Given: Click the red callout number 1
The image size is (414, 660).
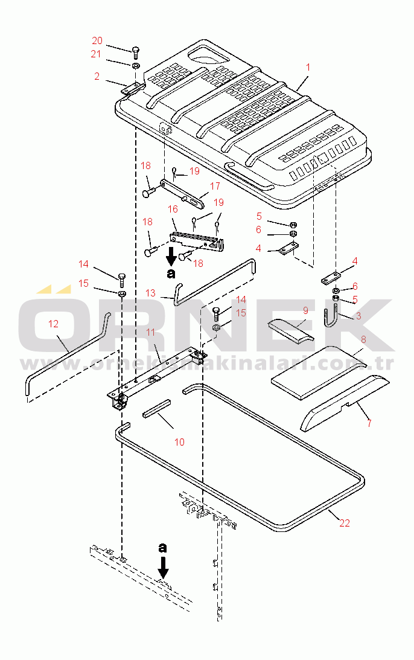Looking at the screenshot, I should pyautogui.click(x=307, y=67).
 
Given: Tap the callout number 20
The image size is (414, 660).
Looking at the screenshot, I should pyautogui.click(x=97, y=41).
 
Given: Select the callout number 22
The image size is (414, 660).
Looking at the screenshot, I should pyautogui.click(x=344, y=523).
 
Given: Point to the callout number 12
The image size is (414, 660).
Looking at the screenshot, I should pyautogui.click(x=53, y=324).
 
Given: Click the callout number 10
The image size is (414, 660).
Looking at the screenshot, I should pyautogui.click(x=179, y=442).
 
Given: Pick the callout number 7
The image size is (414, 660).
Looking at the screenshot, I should pyautogui.click(x=369, y=424).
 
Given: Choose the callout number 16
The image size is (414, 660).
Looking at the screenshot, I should pyautogui.click(x=173, y=209).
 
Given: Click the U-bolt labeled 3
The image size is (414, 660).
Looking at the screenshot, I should pyautogui.click(x=333, y=317).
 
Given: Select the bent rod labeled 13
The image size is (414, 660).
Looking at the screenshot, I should pyautogui.click(x=214, y=281).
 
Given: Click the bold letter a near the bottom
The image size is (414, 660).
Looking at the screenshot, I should pyautogui.click(x=162, y=548).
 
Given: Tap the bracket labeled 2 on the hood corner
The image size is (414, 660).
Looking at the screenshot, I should pyautogui.click(x=133, y=88).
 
